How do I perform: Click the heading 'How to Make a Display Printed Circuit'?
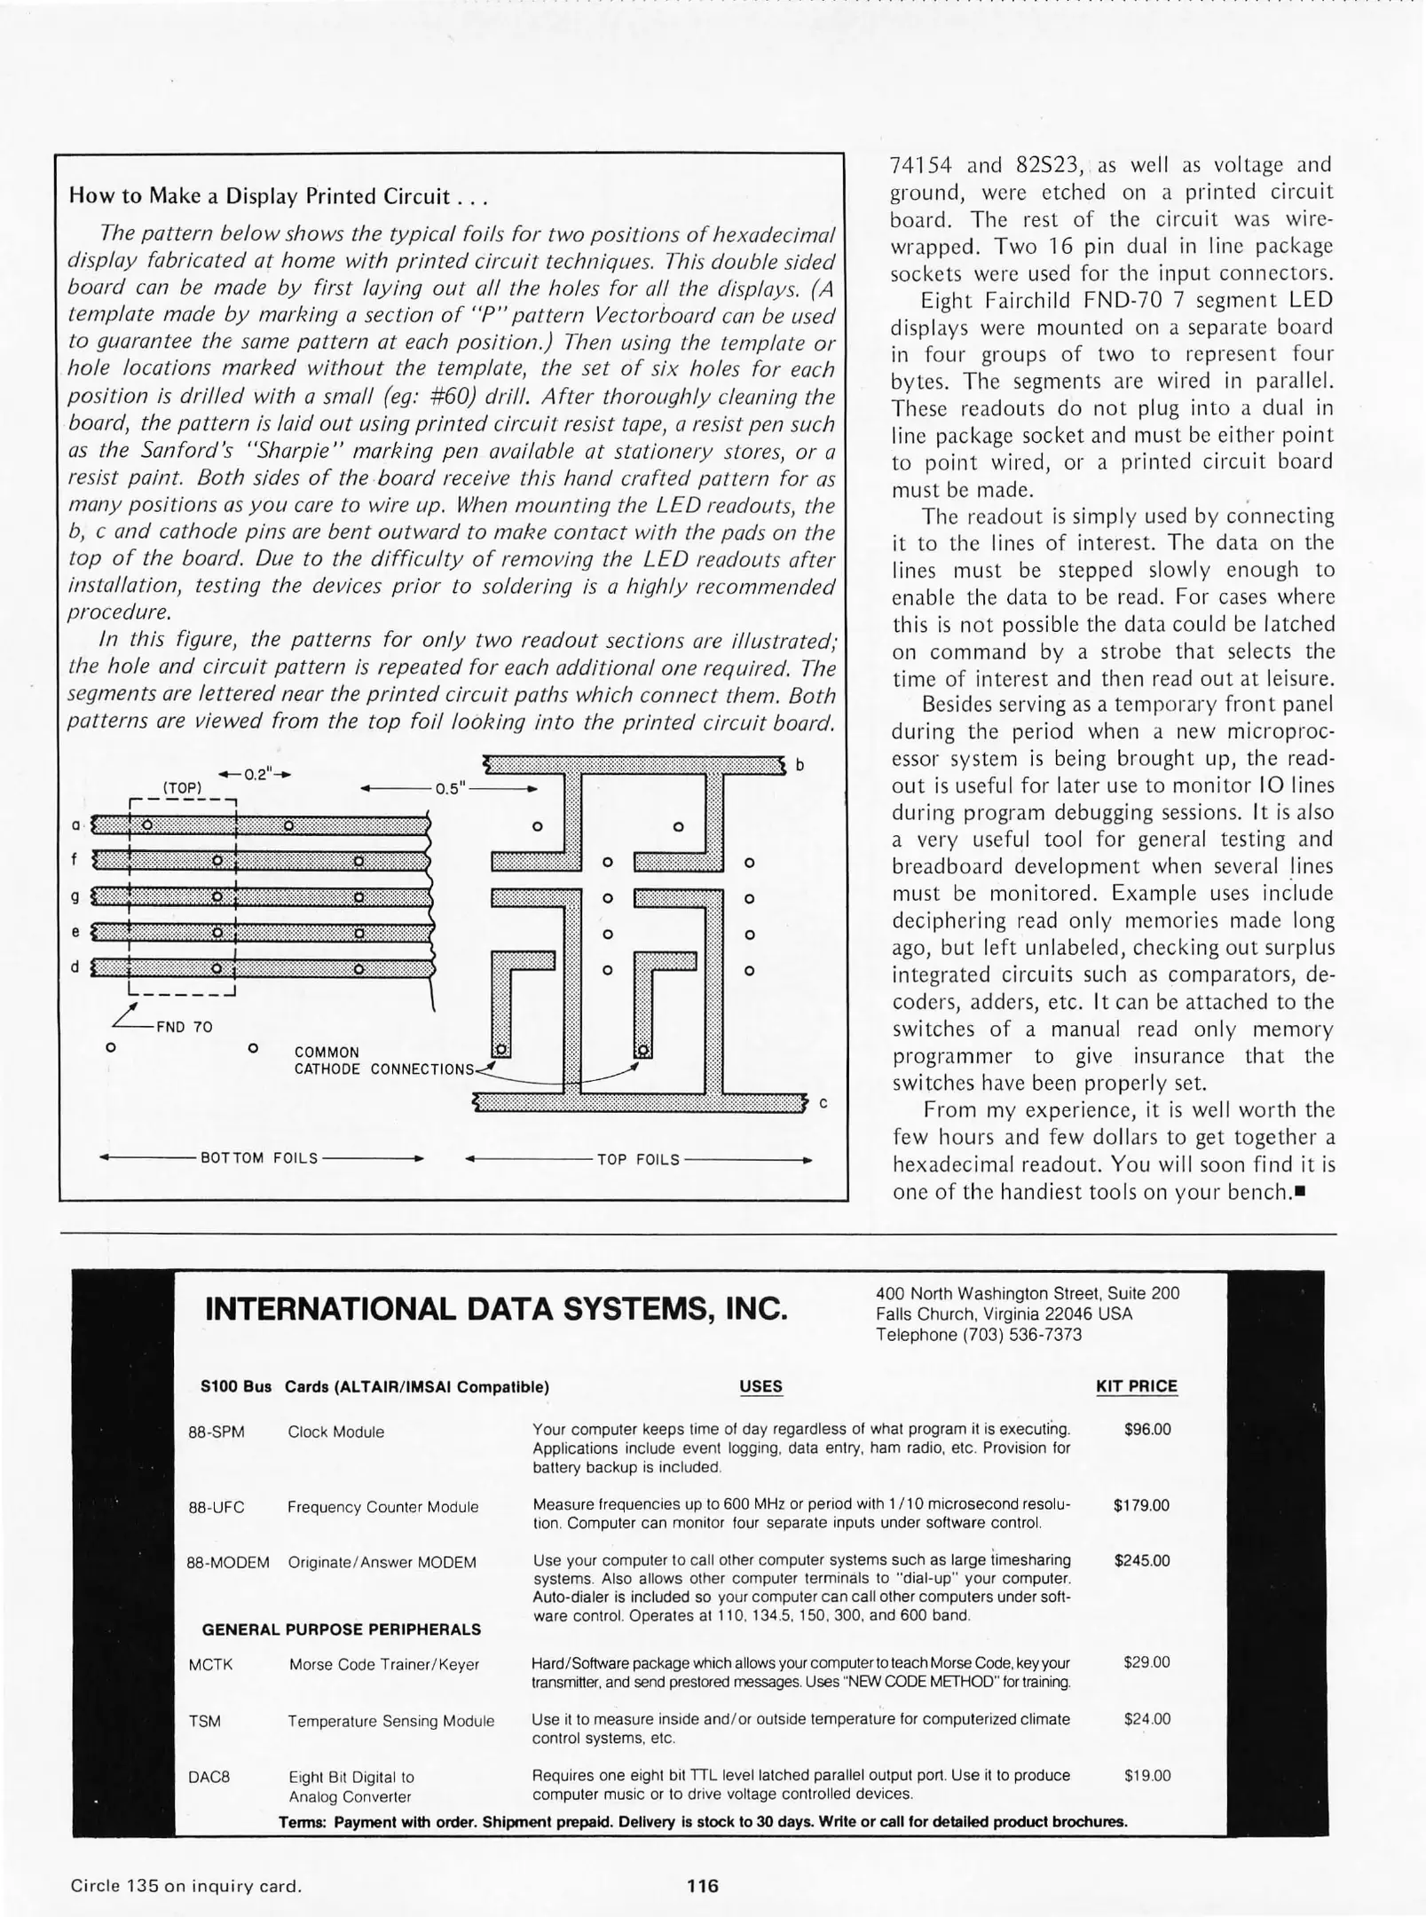coord(278,196)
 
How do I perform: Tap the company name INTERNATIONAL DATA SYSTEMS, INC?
coord(495,1309)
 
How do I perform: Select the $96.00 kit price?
coord(1146,1429)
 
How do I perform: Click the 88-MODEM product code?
coord(227,1562)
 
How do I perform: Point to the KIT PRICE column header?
coord(1137,1386)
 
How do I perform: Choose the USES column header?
coord(760,1386)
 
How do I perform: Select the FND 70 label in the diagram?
coord(184,1027)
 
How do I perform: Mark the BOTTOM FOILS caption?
coord(259,1158)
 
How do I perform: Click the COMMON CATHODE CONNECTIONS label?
coord(384,1061)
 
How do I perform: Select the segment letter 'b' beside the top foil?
coord(800,765)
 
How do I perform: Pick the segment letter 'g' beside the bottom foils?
coord(75,896)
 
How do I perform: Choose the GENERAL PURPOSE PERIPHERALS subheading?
coord(342,1629)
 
